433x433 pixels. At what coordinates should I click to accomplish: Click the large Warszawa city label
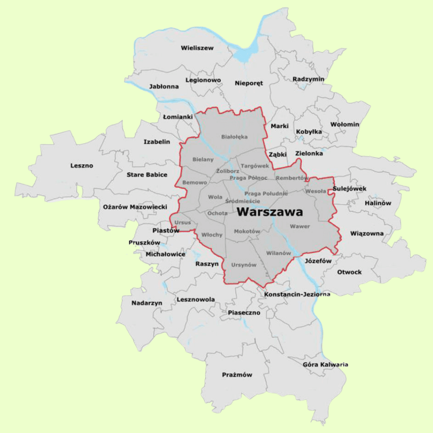point(270,212)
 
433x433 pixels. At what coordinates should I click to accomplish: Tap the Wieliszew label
point(197,48)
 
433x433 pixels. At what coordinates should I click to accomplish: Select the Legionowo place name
point(203,80)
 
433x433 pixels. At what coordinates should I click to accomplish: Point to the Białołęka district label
point(234,137)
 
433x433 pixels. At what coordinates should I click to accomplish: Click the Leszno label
point(81,165)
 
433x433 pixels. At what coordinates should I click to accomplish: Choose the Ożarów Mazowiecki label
point(135,207)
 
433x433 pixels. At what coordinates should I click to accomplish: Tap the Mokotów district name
point(247,231)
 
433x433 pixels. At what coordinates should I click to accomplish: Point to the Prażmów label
point(237,375)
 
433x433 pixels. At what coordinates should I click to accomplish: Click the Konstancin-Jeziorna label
point(297,294)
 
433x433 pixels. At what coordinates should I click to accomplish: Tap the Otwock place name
point(349,272)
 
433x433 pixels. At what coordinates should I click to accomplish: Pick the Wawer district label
point(300,226)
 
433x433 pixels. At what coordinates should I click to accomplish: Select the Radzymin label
point(308,79)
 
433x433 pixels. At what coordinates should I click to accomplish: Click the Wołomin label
point(345,124)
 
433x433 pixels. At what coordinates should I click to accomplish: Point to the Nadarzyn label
point(147,303)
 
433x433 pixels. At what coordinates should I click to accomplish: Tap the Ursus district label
point(182,223)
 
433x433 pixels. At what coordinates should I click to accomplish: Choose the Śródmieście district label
point(242,201)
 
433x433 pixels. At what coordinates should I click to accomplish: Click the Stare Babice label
point(147,175)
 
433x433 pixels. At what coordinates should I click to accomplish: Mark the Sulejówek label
point(350,188)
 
